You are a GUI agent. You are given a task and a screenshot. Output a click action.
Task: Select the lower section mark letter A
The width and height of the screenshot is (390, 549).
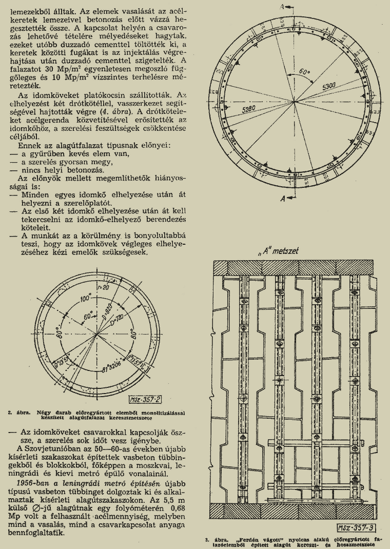click(283, 200)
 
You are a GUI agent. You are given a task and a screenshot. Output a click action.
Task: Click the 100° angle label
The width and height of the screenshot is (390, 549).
click(82, 299)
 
